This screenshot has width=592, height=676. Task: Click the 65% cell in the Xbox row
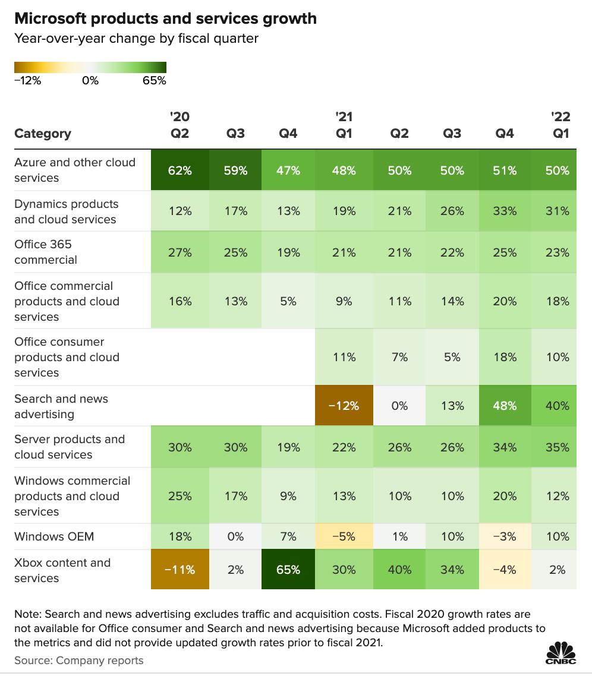coord(288,570)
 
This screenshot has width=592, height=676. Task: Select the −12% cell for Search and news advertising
coord(344,406)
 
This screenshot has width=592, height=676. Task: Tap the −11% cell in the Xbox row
coord(180,570)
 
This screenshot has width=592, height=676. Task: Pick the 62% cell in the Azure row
coord(180,170)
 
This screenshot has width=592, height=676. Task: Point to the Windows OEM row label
coord(54,537)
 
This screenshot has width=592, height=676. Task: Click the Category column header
coord(43,134)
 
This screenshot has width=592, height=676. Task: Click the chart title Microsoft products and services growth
coord(165,19)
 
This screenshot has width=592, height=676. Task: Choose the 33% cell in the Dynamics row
coord(505,211)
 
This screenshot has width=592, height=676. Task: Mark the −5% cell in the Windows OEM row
coord(344,537)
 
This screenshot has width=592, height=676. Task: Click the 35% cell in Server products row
coord(557,447)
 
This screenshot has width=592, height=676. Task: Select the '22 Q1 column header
coord(560,125)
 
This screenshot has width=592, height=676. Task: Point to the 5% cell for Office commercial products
coord(288,301)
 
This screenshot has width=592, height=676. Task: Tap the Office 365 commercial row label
coord(46,252)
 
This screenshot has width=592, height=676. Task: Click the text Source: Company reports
coord(79,661)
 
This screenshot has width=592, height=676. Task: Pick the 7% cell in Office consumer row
coord(400,357)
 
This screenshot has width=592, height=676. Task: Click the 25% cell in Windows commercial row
coord(180,496)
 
